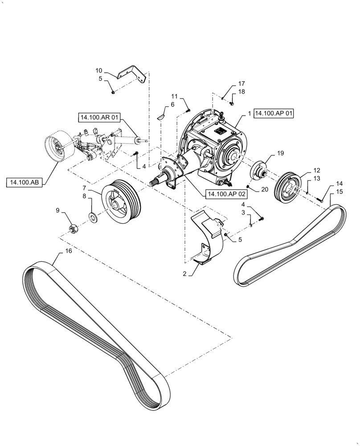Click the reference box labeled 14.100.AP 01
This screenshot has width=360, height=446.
point(274,113)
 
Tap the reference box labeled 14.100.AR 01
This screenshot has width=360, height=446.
point(99,118)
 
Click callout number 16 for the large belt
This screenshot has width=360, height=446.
point(68,251)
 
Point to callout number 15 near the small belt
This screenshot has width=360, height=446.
point(340,191)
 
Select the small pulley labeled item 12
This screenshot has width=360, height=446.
point(290,184)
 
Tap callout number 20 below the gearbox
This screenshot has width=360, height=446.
point(265,189)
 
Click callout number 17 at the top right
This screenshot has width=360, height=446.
point(241,83)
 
